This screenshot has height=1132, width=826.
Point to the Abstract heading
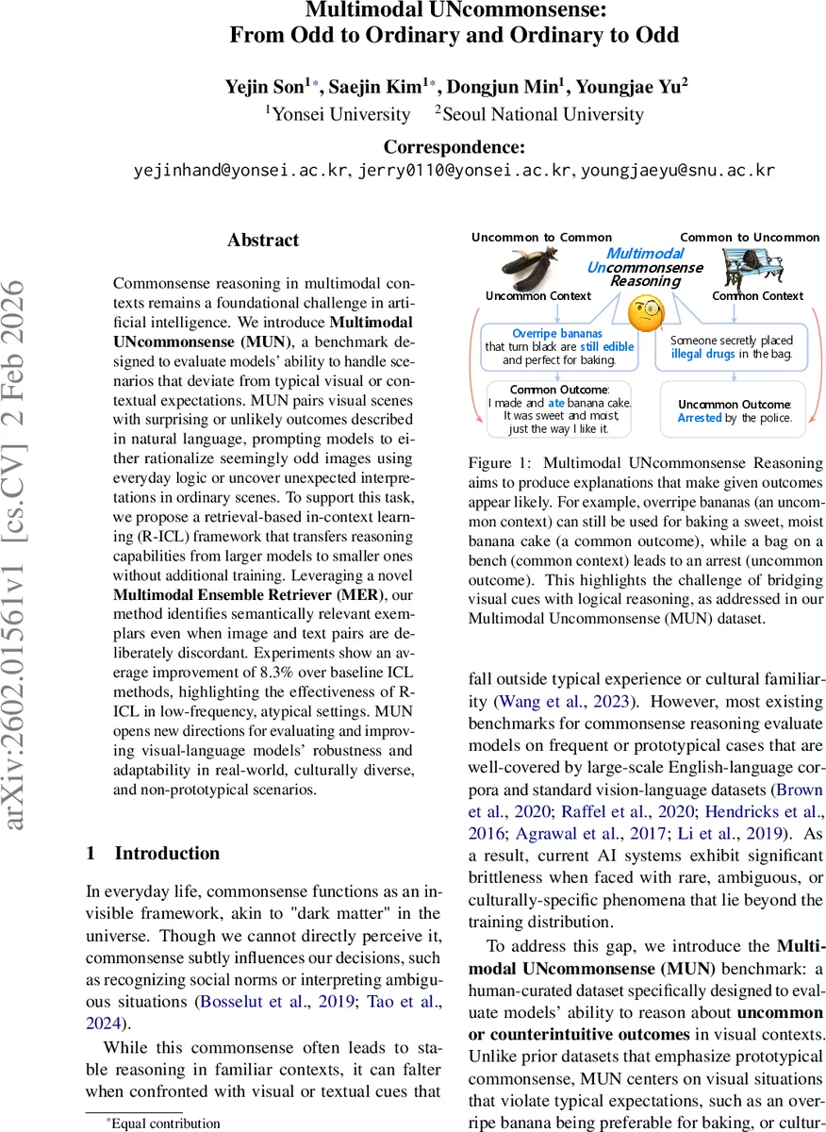(x=263, y=241)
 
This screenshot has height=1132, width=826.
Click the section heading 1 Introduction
(x=153, y=854)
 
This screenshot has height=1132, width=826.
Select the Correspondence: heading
(x=455, y=147)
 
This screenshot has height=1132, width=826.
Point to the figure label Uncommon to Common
(x=541, y=238)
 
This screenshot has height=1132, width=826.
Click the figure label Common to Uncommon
(x=750, y=238)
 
